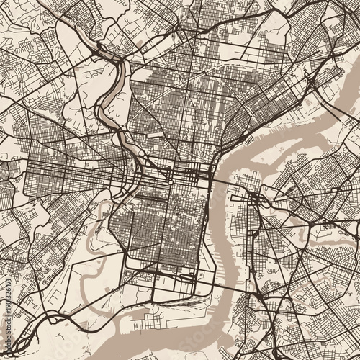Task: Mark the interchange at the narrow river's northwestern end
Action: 97,52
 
